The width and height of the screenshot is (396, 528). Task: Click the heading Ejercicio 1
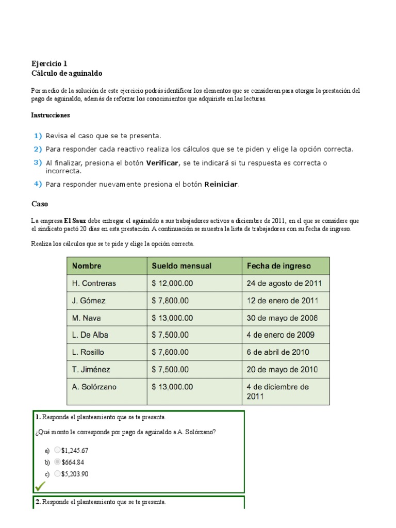49,64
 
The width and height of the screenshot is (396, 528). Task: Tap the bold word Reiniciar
222,184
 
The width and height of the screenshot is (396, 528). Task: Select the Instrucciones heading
51,115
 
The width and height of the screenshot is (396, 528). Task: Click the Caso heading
39,204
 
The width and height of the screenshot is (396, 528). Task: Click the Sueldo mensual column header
181,266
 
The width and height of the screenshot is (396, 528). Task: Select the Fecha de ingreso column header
279,266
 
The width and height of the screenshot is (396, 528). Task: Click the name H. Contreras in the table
94,283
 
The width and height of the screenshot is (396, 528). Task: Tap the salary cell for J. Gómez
170,300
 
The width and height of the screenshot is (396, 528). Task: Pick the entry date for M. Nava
282,318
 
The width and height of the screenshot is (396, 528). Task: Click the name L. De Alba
90,335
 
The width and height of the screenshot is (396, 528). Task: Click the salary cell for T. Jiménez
170,369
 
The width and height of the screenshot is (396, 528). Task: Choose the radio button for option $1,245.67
57,450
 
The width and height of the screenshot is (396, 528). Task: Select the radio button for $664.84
57,461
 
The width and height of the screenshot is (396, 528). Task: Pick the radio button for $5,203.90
57,473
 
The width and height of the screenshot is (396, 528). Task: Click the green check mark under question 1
40,486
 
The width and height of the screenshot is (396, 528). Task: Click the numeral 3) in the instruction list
38,162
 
